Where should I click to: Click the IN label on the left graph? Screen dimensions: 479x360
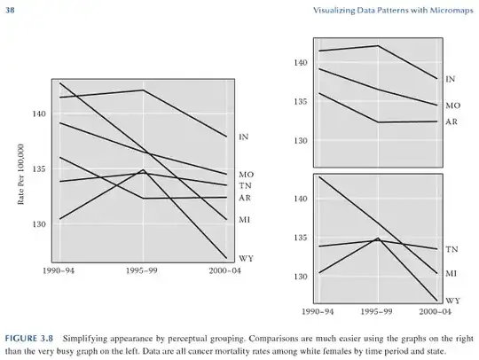(x=243, y=137)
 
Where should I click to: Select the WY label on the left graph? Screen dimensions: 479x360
(x=247, y=259)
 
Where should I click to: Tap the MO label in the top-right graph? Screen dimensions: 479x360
(x=452, y=106)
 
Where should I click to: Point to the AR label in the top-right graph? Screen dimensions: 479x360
(x=452, y=121)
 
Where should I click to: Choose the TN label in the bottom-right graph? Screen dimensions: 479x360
(x=452, y=249)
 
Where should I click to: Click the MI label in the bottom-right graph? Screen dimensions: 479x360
(x=452, y=273)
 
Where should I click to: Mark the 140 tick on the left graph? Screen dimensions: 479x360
(x=39, y=113)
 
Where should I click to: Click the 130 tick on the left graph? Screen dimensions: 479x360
(x=39, y=224)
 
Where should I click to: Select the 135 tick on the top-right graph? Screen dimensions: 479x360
(x=301, y=102)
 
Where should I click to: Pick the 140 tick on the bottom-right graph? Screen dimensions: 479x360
(x=301, y=199)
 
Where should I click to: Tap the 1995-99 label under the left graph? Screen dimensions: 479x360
(x=142, y=270)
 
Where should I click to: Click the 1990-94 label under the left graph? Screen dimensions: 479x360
(x=59, y=270)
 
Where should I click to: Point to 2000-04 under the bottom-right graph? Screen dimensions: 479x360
(x=435, y=312)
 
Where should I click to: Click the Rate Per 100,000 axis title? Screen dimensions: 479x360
(x=20, y=174)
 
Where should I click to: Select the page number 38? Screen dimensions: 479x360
(x=10, y=11)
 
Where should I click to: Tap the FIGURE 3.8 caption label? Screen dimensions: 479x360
(x=29, y=339)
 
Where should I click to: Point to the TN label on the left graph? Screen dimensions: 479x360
(x=245, y=185)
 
